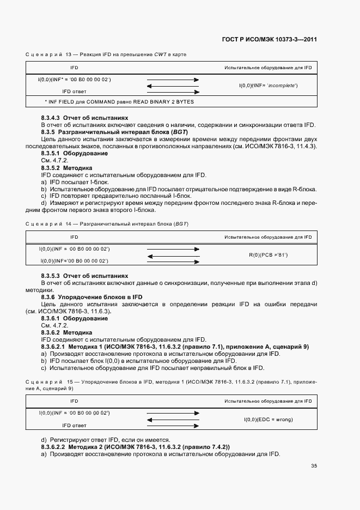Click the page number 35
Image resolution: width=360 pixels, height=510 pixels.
tap(314, 466)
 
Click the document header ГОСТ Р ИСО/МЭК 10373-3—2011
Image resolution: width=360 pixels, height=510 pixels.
tap(270, 39)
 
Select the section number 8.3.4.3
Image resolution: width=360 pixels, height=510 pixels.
tap(51, 117)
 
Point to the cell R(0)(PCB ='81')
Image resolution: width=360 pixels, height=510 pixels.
tap(268, 254)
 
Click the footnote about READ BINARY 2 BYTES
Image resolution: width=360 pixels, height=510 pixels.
tap(119, 101)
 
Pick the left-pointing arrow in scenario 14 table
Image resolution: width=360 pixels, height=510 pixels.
tap(173, 255)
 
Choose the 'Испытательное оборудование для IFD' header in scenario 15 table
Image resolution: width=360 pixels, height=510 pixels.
tap(268, 400)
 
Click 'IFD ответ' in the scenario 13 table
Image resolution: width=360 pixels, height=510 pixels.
tap(74, 92)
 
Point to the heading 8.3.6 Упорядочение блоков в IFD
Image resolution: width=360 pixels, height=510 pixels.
tap(92, 297)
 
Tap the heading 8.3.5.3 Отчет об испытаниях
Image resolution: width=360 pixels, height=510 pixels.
tap(84, 276)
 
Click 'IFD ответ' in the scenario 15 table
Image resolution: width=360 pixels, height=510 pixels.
tap(74, 425)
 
